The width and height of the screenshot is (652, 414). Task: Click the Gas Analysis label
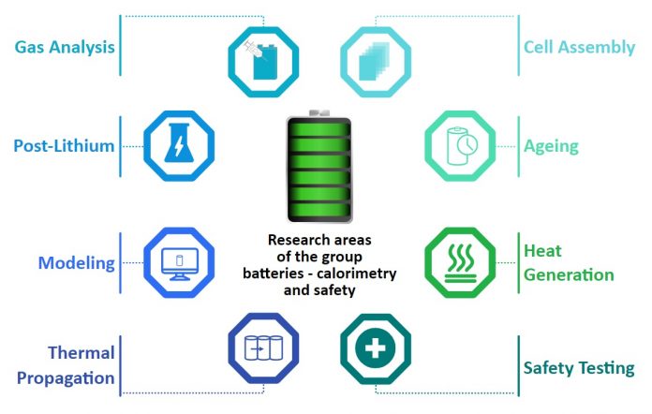pyautogui.click(x=65, y=48)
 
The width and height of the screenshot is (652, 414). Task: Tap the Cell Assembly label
pyautogui.click(x=579, y=48)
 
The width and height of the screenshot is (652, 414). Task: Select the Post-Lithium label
pyautogui.click(x=64, y=146)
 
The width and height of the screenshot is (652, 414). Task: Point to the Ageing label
pyautogui.click(x=551, y=147)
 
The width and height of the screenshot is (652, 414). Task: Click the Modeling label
pyautogui.click(x=76, y=263)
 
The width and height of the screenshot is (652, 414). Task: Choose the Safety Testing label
pyautogui.click(x=579, y=368)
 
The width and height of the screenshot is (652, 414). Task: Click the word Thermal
pyautogui.click(x=81, y=353)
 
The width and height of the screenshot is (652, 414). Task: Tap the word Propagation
pyautogui.click(x=66, y=378)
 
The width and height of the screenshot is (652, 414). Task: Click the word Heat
pyautogui.click(x=542, y=251)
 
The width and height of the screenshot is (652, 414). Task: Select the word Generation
pyautogui.click(x=569, y=275)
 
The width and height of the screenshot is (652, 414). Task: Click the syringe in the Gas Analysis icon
pyautogui.click(x=253, y=51)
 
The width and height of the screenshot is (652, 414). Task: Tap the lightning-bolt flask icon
pyautogui.click(x=179, y=142)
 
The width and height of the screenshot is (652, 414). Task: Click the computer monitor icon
pyautogui.click(x=180, y=264)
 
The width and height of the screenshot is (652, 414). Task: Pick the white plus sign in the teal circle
pyautogui.click(x=375, y=348)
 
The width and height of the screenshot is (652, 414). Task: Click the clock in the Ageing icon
pyautogui.click(x=467, y=144)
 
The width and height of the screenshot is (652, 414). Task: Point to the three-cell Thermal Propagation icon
pyautogui.click(x=263, y=348)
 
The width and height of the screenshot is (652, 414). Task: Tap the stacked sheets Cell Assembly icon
pyautogui.click(x=374, y=61)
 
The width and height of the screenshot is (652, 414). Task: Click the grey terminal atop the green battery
pyautogui.click(x=319, y=113)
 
